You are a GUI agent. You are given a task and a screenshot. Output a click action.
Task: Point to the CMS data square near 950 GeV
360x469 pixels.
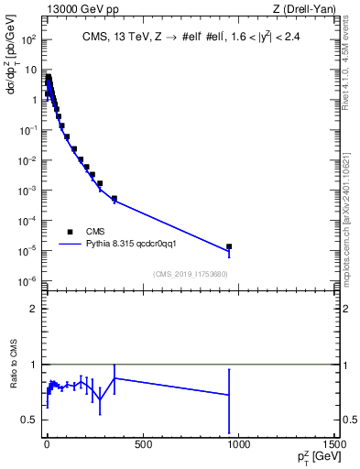229,246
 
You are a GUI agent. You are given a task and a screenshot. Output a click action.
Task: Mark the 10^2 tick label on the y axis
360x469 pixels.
29,40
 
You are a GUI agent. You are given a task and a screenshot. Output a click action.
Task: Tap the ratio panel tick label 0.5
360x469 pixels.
31,420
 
